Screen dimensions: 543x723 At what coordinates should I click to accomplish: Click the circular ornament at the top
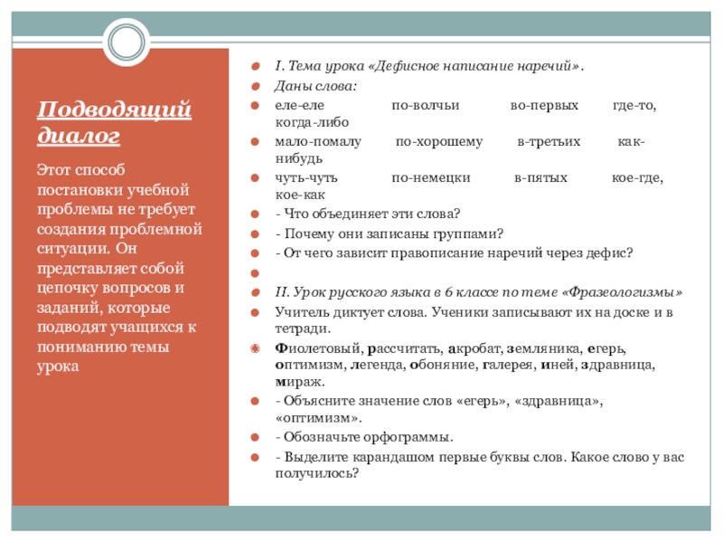120,39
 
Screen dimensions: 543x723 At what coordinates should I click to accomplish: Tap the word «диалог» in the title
79,136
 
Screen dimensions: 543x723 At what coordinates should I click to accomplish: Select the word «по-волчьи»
425,105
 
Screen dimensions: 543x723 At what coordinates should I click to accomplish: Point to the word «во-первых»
544,105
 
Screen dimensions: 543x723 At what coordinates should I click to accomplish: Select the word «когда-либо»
312,121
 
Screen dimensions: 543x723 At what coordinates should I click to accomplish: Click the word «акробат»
469,348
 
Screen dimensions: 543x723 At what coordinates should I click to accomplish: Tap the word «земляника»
541,348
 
